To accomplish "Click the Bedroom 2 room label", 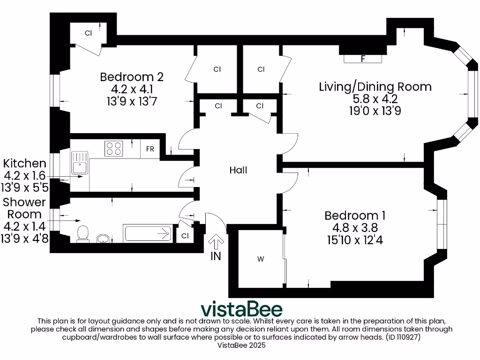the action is [x=132, y=77].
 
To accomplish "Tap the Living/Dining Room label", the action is [x=375, y=87].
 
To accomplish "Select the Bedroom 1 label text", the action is [x=355, y=216].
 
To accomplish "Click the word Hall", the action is [x=238, y=170].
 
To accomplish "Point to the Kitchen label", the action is [x=24, y=164].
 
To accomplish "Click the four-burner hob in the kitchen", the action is [x=113, y=149].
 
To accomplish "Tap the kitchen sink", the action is [x=80, y=163].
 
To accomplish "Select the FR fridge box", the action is [x=150, y=149].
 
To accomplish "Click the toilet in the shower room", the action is [x=83, y=234].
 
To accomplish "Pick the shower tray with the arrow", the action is [x=148, y=233].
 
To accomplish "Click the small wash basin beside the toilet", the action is [x=103, y=239].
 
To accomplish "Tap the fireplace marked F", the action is [x=363, y=59].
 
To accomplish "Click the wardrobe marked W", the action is [x=261, y=259].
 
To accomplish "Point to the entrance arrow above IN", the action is [x=216, y=242].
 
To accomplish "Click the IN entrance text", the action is [x=216, y=256].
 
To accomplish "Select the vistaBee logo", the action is [x=241, y=309].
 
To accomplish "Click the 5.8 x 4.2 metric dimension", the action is [x=375, y=99].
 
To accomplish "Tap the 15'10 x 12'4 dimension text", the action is [x=355, y=240].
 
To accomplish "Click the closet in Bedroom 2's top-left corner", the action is [x=89, y=33].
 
